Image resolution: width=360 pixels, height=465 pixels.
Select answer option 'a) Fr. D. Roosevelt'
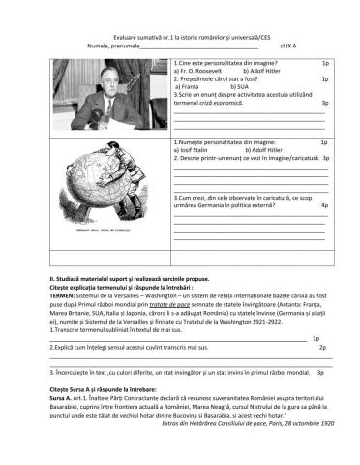[x=201, y=71]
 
